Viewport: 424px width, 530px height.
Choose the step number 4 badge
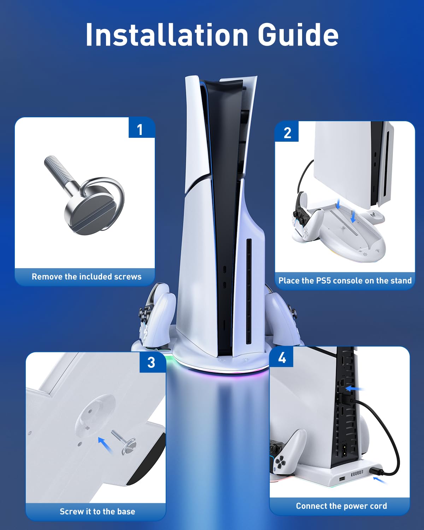coord(281,357)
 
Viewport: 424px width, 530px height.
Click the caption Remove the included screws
coord(87,277)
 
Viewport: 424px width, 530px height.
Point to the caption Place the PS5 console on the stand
coord(345,281)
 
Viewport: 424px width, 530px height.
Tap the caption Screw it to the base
coord(97,511)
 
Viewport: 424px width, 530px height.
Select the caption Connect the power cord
coord(341,506)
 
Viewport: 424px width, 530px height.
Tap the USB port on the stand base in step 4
coord(342,479)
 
